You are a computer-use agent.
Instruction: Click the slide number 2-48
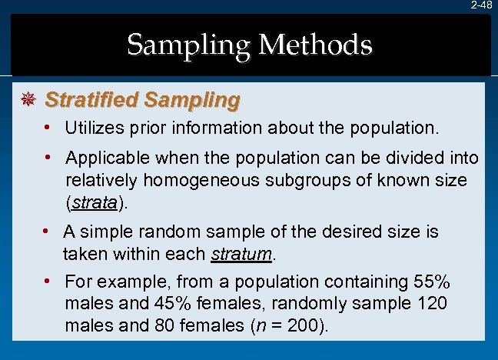[x=481, y=5]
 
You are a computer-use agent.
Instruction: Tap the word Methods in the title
[x=316, y=45]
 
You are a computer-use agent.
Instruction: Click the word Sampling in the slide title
[x=191, y=45]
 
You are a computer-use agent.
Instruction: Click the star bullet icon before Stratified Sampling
[x=28, y=100]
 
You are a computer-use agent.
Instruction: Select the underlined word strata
[x=93, y=205]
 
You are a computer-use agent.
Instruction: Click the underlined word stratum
[x=241, y=255]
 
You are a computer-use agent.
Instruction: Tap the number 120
[x=431, y=303]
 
